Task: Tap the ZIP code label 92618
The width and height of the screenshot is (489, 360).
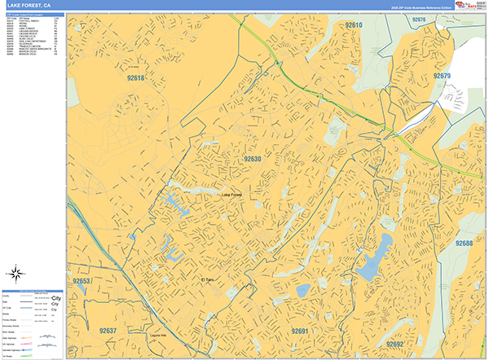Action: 134,78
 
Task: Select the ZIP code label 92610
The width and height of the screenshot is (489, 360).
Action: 353,26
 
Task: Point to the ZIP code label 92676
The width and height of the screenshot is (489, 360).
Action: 419,19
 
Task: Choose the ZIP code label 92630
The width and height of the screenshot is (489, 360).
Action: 253,159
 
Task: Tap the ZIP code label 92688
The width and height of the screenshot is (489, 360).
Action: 464,244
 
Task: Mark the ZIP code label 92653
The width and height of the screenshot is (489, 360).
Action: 81,281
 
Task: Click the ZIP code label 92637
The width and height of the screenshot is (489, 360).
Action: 108,331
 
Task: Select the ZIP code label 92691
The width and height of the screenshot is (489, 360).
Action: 300,331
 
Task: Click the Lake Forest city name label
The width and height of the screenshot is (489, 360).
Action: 232,195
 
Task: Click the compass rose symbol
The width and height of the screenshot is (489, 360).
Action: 16,273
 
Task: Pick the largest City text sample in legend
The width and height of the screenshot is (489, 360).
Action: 55,299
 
